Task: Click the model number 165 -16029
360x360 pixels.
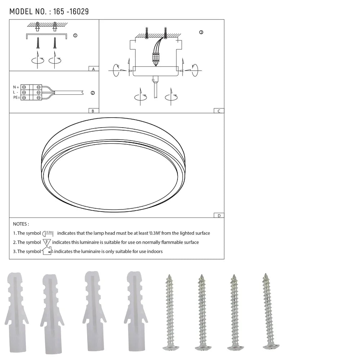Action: (x=71, y=12)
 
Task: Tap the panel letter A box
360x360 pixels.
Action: (x=93, y=69)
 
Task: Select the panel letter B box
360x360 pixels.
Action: (x=93, y=111)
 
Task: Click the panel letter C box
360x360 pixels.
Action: (x=219, y=111)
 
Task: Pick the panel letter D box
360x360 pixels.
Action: (x=219, y=216)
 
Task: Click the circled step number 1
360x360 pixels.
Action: (x=75, y=36)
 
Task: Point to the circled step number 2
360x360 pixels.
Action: (x=93, y=93)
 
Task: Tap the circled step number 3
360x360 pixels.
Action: (x=201, y=32)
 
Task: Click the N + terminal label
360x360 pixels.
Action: (x=16, y=87)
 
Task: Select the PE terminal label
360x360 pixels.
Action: (x=16, y=98)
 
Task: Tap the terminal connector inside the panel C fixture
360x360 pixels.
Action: (x=156, y=58)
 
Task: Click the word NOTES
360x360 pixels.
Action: (x=21, y=224)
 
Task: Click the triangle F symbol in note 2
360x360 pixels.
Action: (x=47, y=242)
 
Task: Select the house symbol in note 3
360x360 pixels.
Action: (x=47, y=251)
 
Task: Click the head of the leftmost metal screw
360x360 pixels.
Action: (x=170, y=347)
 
